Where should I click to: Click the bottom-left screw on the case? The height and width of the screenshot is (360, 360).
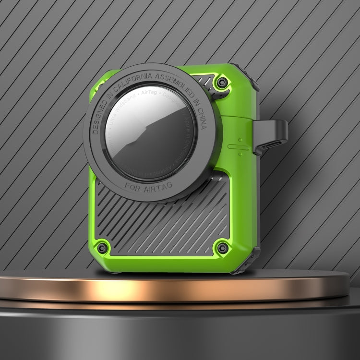click(102, 248)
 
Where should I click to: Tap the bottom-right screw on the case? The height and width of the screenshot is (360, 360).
click(222, 248)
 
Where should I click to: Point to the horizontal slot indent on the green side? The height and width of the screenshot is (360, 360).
click(238, 147)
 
